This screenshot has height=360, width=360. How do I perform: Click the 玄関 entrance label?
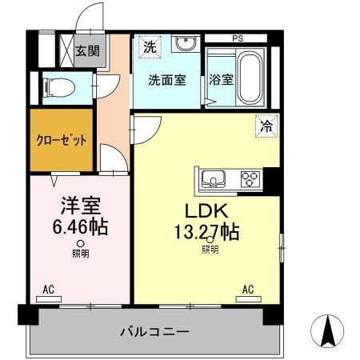pyautogui.click(x=87, y=51)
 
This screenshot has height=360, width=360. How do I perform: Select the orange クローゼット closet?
pyautogui.click(x=61, y=140)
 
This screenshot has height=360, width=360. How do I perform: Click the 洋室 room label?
pyautogui.click(x=79, y=204)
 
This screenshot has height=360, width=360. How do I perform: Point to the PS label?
pyautogui.click(x=238, y=38)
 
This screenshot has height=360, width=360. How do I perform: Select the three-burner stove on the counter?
pyautogui.click(x=250, y=178)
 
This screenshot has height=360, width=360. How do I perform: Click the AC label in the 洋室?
pyautogui.click(x=48, y=289)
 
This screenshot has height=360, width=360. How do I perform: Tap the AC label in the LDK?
pyautogui.click(x=248, y=289)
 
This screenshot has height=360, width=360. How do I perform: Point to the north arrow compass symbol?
pyautogui.click(x=327, y=331)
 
